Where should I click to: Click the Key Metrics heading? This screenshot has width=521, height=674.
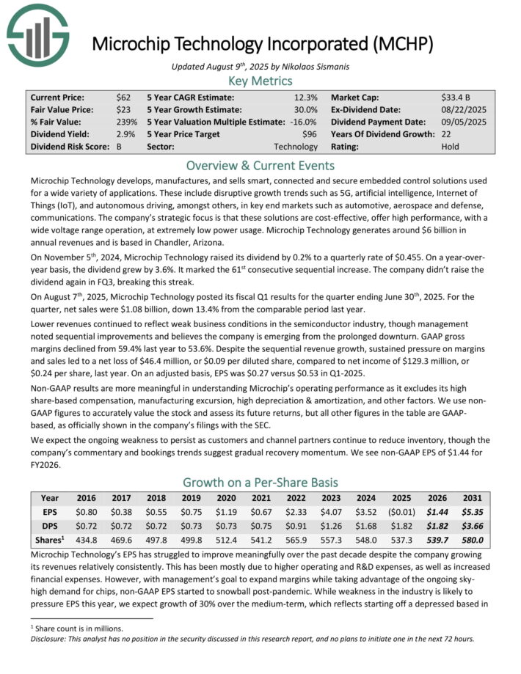point(260,81)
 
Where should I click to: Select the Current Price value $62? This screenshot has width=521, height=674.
point(123,97)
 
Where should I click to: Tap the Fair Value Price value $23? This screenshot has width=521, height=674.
point(123,109)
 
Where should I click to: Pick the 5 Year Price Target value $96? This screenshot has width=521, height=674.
point(309,134)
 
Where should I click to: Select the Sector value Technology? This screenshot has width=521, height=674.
point(295,147)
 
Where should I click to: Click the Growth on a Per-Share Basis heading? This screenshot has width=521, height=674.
point(260,483)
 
